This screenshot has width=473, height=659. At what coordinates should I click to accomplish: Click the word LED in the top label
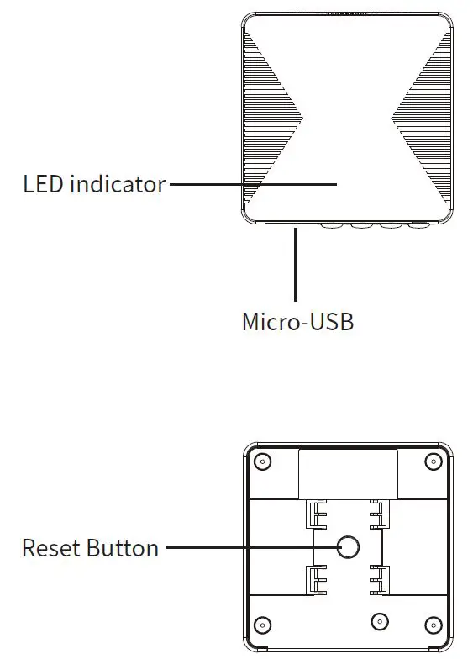[43, 184]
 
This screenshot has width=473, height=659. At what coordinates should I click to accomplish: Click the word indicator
[118, 184]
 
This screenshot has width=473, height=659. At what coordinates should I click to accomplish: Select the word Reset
[51, 548]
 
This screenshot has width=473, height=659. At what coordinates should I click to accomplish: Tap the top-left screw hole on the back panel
[262, 461]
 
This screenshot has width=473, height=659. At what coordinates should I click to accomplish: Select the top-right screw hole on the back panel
[434, 461]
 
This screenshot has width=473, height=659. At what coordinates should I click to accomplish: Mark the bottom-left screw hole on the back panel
[262, 625]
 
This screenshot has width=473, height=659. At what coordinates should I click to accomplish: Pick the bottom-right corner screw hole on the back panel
[434, 625]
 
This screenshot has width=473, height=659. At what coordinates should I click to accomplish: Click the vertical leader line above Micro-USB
[296, 264]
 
